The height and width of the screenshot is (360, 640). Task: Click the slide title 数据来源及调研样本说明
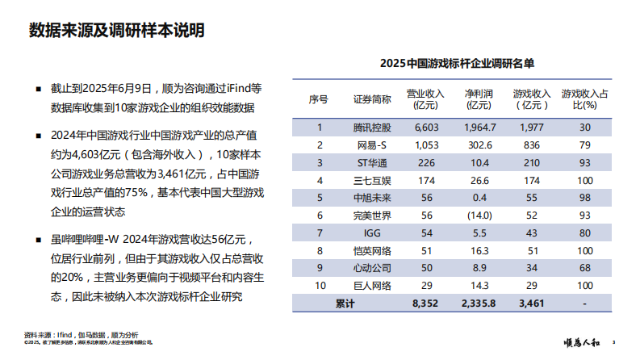pos(116,31)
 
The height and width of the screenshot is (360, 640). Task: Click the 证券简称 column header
pos(372,99)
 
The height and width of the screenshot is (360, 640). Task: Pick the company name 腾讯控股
pos(372,127)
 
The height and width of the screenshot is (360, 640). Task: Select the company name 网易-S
pos(372,144)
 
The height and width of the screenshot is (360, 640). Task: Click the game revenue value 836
pos(531,144)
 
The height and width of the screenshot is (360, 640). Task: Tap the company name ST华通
pos(372,162)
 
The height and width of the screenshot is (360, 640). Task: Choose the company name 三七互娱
pos(372,180)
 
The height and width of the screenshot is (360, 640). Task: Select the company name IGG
pos(372,233)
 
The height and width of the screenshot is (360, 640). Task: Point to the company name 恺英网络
pos(372,251)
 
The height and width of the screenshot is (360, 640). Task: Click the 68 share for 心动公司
pos(584,268)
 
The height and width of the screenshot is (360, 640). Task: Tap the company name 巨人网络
pos(372,286)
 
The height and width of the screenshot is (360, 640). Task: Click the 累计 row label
pos(345,303)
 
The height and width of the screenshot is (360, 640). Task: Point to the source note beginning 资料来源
pos(82,333)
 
